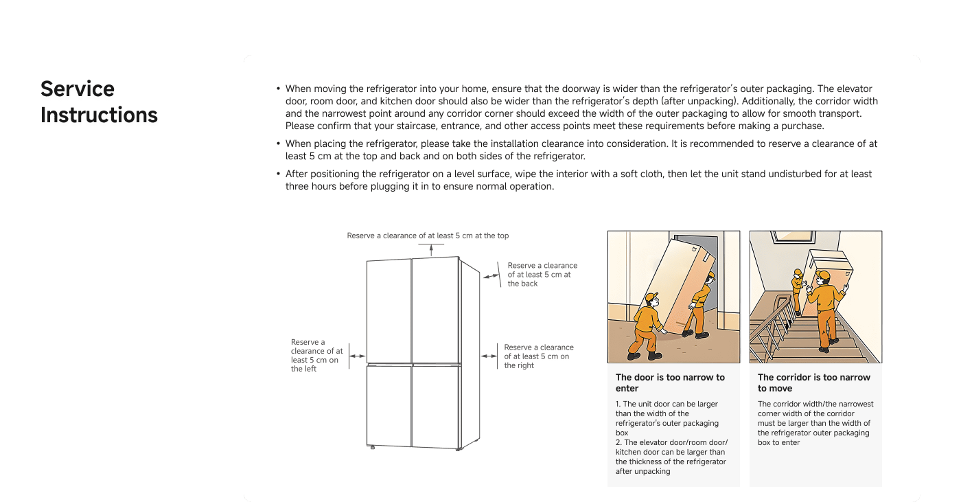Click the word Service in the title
pyautogui.click(x=77, y=91)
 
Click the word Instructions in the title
pyautogui.click(x=100, y=116)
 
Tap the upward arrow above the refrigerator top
pyautogui.click(x=432, y=249)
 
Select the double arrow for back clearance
pyautogui.click(x=491, y=275)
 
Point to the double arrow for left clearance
pyautogui.click(x=357, y=356)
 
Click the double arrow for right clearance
pyautogui.click(x=489, y=356)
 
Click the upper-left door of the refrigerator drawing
pyautogui.click(x=389, y=310)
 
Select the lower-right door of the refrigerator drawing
pyautogui.click(x=435, y=405)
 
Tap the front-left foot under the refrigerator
pyautogui.click(x=372, y=448)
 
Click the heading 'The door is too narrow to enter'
pyautogui.click(x=670, y=383)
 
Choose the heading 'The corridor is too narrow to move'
pyautogui.click(x=813, y=383)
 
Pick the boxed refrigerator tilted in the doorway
pyautogui.click(x=680, y=282)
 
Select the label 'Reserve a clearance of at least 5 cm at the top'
pyautogui.click(x=428, y=236)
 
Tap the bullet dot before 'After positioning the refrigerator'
pyautogui.click(x=278, y=174)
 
